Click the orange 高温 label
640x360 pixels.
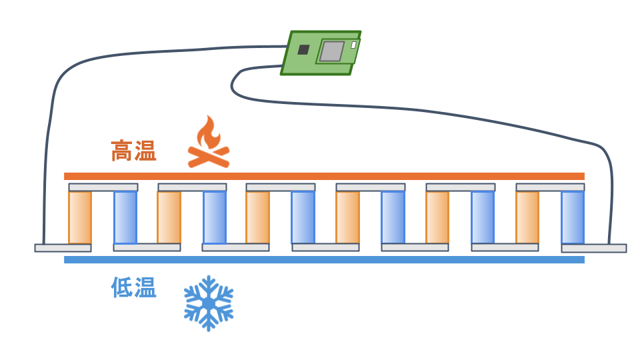133,151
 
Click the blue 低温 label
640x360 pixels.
133,287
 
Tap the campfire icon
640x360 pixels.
209,141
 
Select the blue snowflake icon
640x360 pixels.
209,303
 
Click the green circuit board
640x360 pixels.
321,53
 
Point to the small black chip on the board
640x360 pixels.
303,49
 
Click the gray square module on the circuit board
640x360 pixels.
331,51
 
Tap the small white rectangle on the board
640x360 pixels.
353,45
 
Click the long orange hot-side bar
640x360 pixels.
324,176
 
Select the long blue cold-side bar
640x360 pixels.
324,259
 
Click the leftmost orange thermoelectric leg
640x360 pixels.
80,217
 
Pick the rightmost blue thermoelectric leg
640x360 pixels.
573,217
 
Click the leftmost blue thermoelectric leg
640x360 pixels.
125,217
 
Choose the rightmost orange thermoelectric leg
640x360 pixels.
527,217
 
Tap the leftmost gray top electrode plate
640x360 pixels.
103,187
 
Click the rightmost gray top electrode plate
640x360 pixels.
550,187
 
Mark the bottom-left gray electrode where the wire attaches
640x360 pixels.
63,248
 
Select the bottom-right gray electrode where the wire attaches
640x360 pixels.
594,248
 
